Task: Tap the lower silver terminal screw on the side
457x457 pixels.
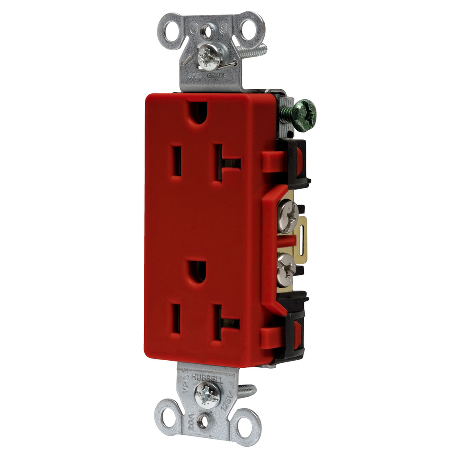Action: (x=286, y=269)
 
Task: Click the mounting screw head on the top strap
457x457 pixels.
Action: (x=209, y=57)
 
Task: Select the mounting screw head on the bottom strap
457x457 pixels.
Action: (x=207, y=395)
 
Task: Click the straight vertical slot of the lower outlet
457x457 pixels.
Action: (x=176, y=319)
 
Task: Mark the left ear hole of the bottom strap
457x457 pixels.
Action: (x=169, y=416)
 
